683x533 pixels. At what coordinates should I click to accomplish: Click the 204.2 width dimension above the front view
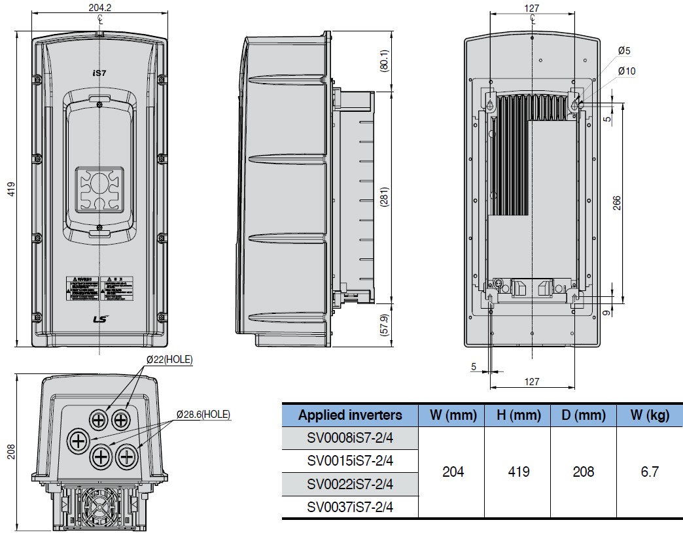coord(98,9)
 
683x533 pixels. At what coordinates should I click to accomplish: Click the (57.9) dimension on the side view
coord(385,325)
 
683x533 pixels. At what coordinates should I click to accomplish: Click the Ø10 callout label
coord(625,71)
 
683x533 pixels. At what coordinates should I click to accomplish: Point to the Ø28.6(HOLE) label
coord(203,414)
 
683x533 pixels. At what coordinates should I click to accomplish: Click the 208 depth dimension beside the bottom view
coord(10,451)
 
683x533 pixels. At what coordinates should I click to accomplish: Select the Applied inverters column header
coord(350,415)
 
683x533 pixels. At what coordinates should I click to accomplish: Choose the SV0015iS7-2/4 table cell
coord(350,460)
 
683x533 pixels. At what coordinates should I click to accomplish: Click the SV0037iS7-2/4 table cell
coord(350,507)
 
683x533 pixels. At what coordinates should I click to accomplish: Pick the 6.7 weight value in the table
coord(649,472)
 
